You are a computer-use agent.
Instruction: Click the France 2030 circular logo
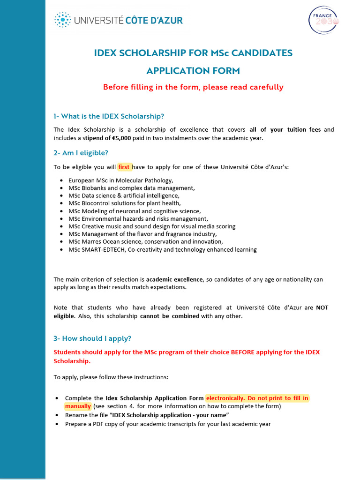(x=323, y=20)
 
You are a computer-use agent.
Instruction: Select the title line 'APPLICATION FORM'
(x=193, y=71)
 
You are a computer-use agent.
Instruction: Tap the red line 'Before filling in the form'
(x=193, y=87)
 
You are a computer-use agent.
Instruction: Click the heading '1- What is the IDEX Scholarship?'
(x=109, y=116)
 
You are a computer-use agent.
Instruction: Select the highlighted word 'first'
(x=124, y=167)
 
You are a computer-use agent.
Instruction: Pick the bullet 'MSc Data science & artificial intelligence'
(x=124, y=195)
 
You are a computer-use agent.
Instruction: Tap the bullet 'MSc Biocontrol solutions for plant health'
(x=124, y=203)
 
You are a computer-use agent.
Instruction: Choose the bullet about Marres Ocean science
(x=146, y=242)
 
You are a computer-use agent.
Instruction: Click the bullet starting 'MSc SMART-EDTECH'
(x=162, y=249)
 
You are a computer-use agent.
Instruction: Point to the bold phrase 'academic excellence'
(x=174, y=280)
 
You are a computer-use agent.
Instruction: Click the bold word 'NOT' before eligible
(x=322, y=308)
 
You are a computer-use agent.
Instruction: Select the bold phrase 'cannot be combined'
(x=170, y=316)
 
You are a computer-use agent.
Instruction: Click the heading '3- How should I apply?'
(x=92, y=338)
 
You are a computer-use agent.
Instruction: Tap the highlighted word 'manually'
(x=78, y=406)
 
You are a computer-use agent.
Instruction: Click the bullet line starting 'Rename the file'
(x=147, y=415)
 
